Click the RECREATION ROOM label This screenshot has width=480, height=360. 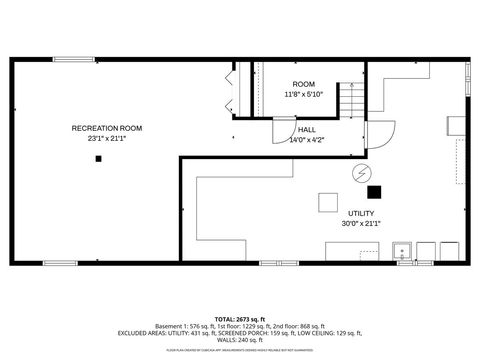click(107, 128)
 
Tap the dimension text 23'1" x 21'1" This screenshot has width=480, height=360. click(107, 138)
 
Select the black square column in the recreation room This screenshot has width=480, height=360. click(99, 160)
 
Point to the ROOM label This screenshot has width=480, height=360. click(303, 83)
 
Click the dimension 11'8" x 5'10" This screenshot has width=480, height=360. click(303, 94)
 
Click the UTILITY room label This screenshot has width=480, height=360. click(361, 214)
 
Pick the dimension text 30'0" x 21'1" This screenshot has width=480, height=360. click(361, 224)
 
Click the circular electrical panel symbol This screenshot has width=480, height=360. click(359, 174)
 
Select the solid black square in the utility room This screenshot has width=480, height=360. click(374, 192)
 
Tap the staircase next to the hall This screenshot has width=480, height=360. click(351, 101)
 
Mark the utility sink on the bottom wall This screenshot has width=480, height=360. click(404, 250)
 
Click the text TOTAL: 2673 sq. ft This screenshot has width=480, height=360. click(240, 317)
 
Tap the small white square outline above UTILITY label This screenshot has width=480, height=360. click(329, 202)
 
